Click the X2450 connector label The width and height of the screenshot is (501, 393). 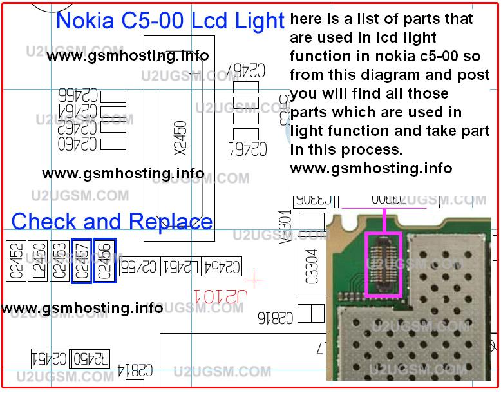pos(180,137)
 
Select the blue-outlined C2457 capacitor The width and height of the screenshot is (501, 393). pos(81,260)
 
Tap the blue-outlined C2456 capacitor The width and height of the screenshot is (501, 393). pos(104,260)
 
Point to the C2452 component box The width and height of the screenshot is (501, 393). pos(16,260)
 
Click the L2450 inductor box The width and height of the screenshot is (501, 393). pos(38,260)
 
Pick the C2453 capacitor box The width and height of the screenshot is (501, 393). pos(59,260)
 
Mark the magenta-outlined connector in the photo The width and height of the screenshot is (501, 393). pos(384,265)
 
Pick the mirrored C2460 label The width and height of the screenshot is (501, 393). pos(78,144)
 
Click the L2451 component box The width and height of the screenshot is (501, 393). pos(181,266)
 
